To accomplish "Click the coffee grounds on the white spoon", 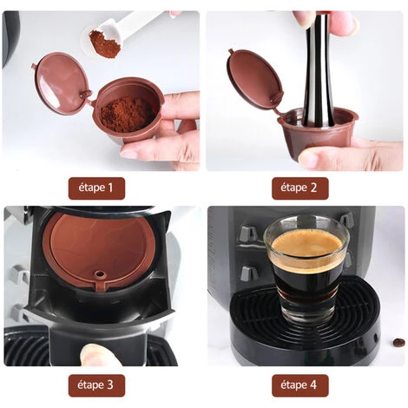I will click(104, 43).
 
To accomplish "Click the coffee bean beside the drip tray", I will click(397, 342).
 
